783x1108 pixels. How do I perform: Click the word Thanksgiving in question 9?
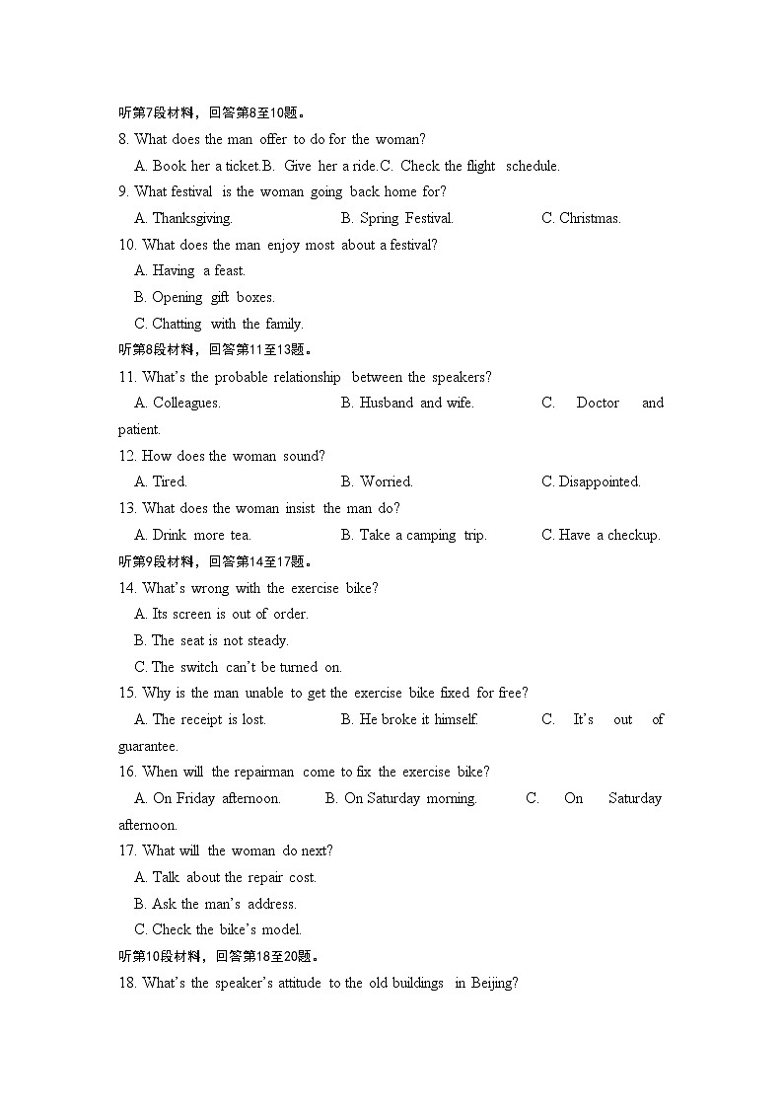coord(192,218)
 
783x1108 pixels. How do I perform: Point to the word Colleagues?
coord(186,403)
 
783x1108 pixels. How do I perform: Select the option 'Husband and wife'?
coord(416,403)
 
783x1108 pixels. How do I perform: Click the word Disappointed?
coord(600,481)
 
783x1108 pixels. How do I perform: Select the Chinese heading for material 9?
coord(215,561)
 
